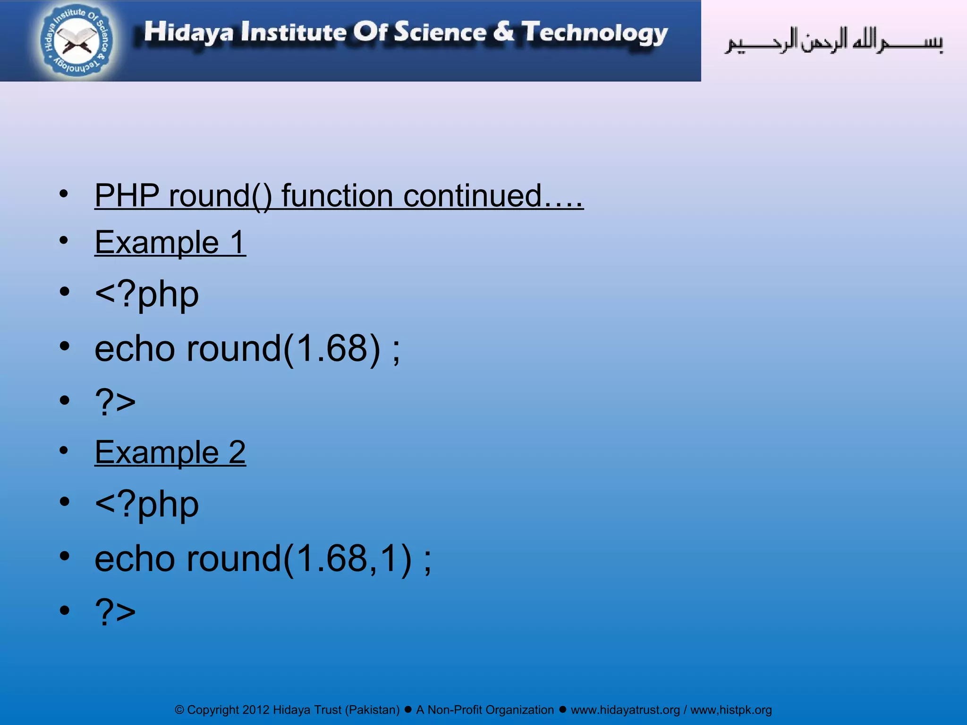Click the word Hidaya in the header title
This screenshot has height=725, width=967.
pyautogui.click(x=188, y=33)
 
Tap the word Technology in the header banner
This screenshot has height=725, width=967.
pyautogui.click(x=594, y=33)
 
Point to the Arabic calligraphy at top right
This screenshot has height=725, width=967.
pyautogui.click(x=833, y=42)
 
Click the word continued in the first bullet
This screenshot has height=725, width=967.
pyautogui.click(x=472, y=195)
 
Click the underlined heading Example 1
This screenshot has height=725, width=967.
pyautogui.click(x=170, y=243)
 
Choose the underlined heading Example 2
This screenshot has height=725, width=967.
pyautogui.click(x=170, y=452)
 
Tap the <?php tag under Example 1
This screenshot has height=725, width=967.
pyautogui.click(x=147, y=295)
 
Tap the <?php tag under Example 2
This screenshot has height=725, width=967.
pyautogui.click(x=147, y=505)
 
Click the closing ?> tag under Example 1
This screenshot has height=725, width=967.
pyautogui.click(x=115, y=402)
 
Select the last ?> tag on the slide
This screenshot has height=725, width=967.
pyautogui.click(x=115, y=612)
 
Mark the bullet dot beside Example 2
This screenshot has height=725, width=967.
pyautogui.click(x=64, y=451)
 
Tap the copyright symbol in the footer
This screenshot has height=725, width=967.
pyautogui.click(x=179, y=710)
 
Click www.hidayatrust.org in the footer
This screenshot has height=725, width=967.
pyautogui.click(x=625, y=710)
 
